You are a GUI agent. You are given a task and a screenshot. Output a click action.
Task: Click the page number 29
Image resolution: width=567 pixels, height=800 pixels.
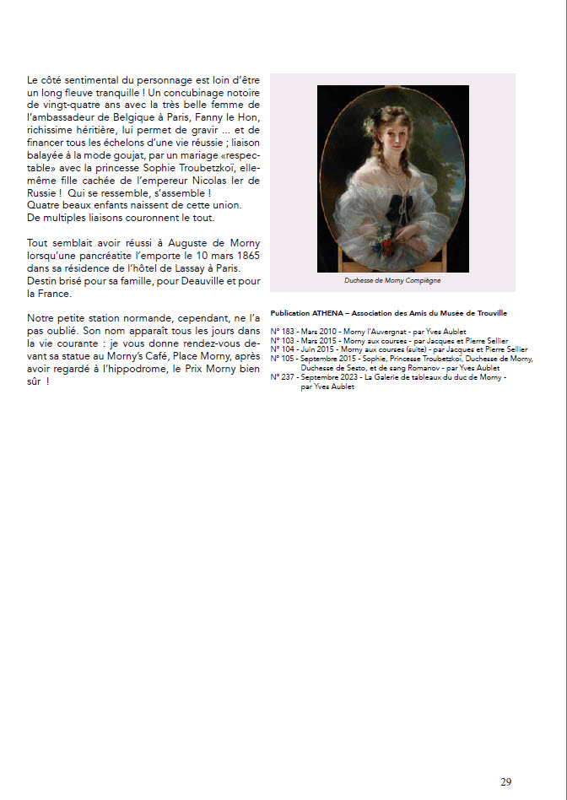505,781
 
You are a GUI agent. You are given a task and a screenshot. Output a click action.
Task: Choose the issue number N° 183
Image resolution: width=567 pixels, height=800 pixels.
281,332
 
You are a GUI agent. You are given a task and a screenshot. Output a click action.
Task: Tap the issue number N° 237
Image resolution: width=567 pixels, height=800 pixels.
281,376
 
